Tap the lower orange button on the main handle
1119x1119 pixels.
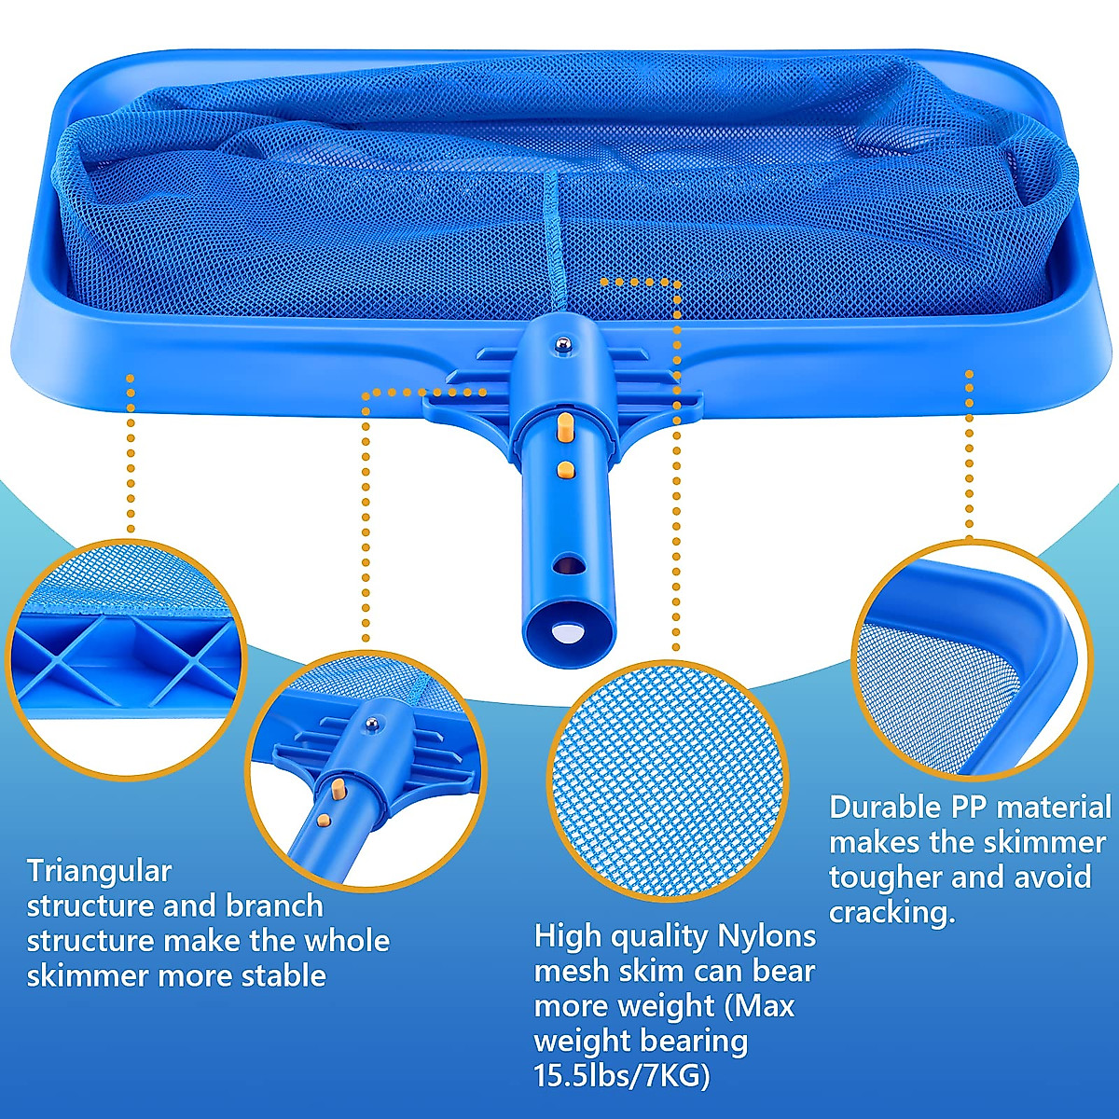[563, 467]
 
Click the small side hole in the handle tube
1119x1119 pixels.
[566, 564]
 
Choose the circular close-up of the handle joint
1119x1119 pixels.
[366, 770]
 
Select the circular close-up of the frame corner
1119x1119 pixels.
[972, 658]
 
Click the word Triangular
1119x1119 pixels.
[99, 871]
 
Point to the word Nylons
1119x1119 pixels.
[767, 935]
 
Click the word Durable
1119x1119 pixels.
[885, 807]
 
